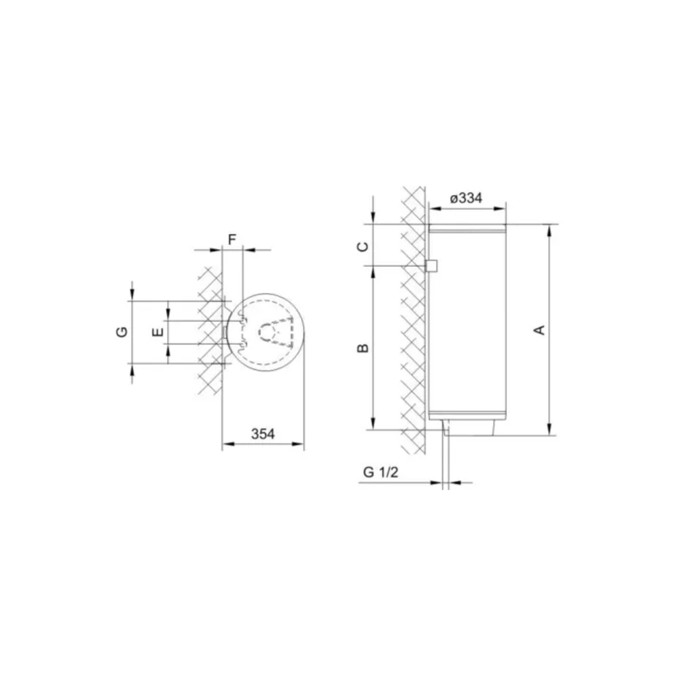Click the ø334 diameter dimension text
pos(466,198)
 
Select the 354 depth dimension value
pos(263,434)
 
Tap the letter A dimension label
pos(539,330)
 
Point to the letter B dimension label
pos(363,348)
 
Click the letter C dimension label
pos(363,246)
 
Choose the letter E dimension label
pos(159,332)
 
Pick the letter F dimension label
pos(232,240)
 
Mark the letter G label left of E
pos(122,332)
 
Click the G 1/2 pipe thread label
pos(381,473)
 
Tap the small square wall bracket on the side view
pos(431,266)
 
